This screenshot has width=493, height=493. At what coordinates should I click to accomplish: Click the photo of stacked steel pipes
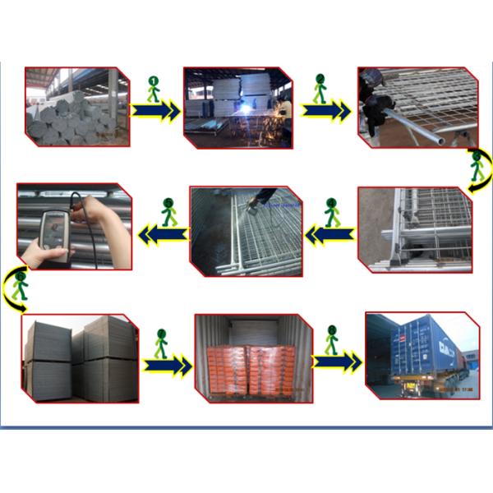(x=77, y=107)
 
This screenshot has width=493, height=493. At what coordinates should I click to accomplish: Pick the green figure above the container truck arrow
(x=332, y=338)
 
